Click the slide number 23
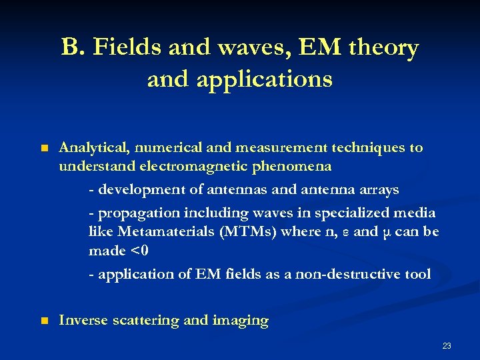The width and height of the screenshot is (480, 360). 447,345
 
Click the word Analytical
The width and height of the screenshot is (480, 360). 90,147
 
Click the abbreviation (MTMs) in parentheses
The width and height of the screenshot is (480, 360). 247,233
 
